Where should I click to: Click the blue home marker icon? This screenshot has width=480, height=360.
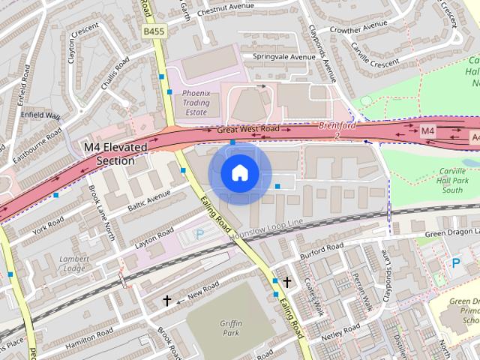[239, 173]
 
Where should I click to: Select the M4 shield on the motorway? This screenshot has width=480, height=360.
[427, 131]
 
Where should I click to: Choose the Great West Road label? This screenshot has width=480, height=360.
[247, 130]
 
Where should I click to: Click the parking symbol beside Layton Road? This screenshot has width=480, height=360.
[199, 235]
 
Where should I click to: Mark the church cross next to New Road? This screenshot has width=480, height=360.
[167, 300]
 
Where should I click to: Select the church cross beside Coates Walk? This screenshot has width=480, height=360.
[286, 281]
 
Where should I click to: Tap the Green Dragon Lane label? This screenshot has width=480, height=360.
[451, 233]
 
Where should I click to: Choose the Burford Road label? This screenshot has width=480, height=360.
[321, 250]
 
